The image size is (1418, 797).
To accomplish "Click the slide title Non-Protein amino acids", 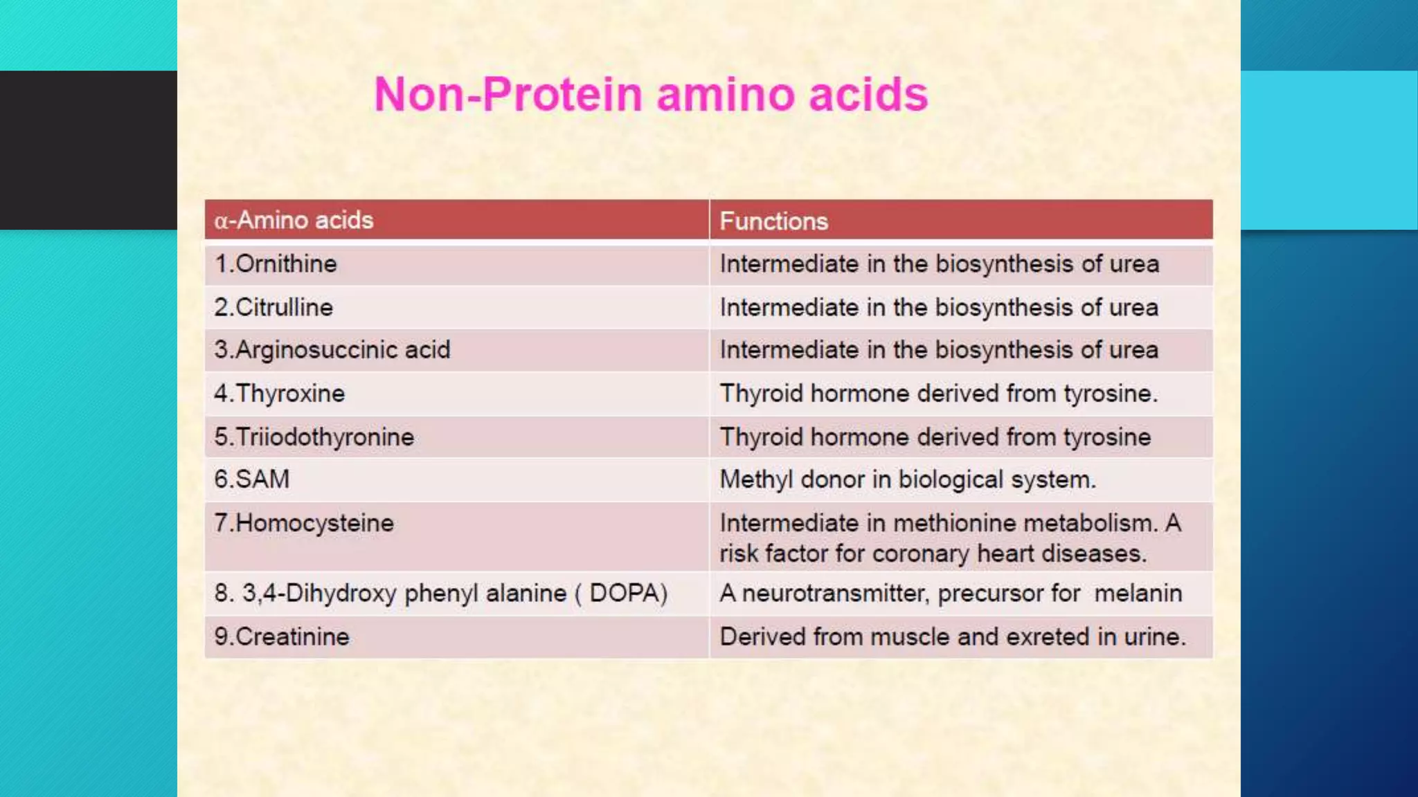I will click(650, 94).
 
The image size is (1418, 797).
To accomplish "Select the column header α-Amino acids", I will click(294, 220).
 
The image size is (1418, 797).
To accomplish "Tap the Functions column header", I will click(773, 221).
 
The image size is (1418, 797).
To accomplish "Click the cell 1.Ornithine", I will click(276, 264).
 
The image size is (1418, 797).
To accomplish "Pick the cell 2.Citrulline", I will click(273, 307).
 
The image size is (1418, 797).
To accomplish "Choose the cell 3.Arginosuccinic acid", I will click(332, 350).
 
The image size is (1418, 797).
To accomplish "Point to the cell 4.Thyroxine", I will click(280, 394).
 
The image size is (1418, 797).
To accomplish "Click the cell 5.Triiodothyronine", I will click(314, 437).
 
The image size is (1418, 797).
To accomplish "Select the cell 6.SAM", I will click(252, 479).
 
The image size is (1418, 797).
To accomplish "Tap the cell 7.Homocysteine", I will click(304, 523).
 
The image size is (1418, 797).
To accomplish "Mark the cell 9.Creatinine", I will click(282, 636).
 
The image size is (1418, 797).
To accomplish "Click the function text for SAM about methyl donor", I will click(907, 479).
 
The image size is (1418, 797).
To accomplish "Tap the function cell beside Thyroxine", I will click(938, 394).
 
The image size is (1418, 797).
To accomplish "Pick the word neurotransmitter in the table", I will click(834, 594).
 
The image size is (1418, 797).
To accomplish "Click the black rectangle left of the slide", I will click(89, 149).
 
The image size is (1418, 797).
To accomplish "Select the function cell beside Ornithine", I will click(939, 264).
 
